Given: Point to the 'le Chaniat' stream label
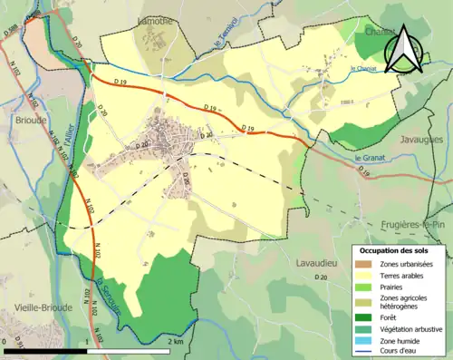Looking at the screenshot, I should (365, 68).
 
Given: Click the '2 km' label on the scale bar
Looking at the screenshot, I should (175, 342).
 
